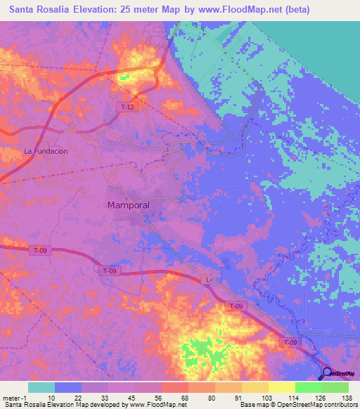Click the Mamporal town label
(129, 205)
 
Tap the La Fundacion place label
(46, 151)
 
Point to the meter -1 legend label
(15, 398)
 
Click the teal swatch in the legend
(41, 387)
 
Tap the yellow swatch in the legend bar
(281, 387)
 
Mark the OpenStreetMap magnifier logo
(327, 374)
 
